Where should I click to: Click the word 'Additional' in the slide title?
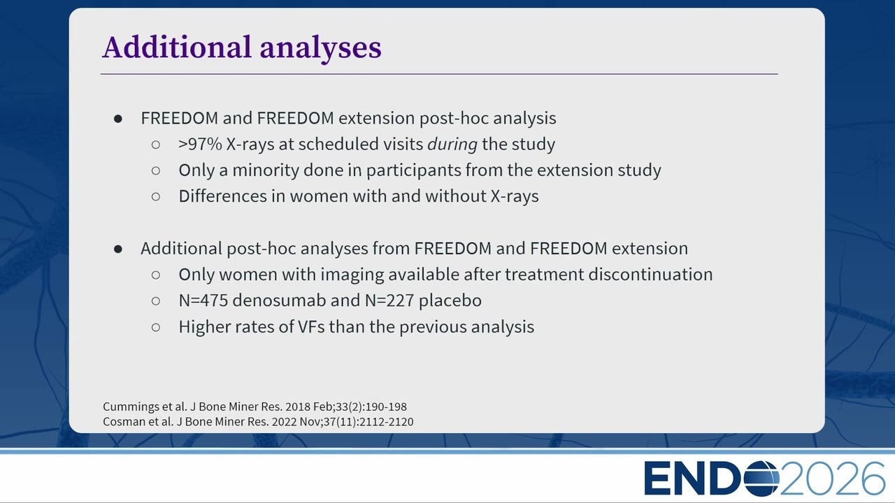point(177,47)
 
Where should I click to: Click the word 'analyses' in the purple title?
point(320,49)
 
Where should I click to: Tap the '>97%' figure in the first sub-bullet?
point(200,144)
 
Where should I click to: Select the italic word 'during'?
point(452,144)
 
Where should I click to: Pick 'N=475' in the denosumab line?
point(203,300)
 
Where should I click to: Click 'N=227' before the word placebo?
point(389,300)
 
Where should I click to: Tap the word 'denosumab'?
point(279,300)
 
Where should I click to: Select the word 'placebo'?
point(450,300)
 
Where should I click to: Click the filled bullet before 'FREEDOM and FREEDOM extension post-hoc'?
point(118,119)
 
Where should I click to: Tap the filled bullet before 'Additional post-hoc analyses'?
point(118,249)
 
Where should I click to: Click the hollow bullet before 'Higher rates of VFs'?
point(156,328)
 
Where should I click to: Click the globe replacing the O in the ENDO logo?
point(761,479)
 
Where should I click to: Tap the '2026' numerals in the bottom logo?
point(832,479)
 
